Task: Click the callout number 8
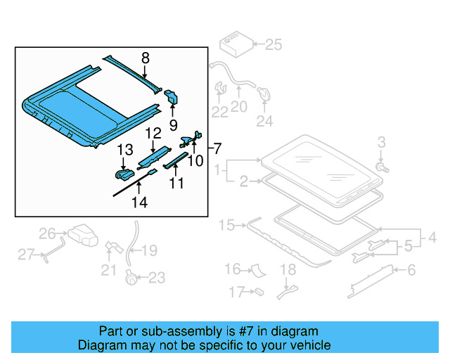(145, 58)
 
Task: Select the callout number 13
(124, 149)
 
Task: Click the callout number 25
(272, 45)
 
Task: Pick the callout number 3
(381, 143)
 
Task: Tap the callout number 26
(47, 233)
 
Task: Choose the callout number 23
(157, 278)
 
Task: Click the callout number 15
(226, 225)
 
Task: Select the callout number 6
(411, 269)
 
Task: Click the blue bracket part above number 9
(172, 97)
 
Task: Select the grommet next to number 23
(130, 277)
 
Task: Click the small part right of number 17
(259, 290)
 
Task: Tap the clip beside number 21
(111, 247)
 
